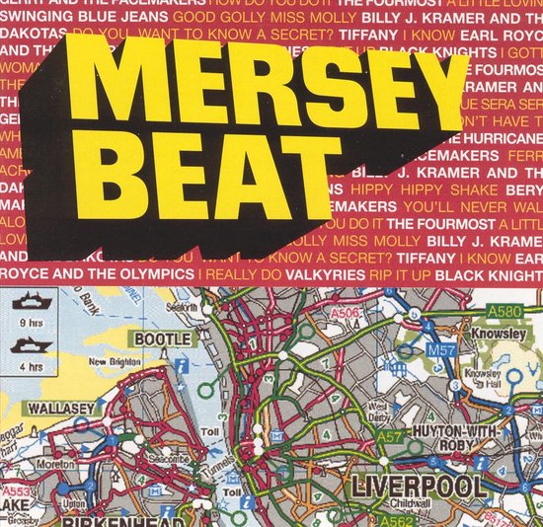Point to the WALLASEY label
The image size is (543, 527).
(39, 407)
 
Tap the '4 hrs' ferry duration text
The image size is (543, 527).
(28, 361)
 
